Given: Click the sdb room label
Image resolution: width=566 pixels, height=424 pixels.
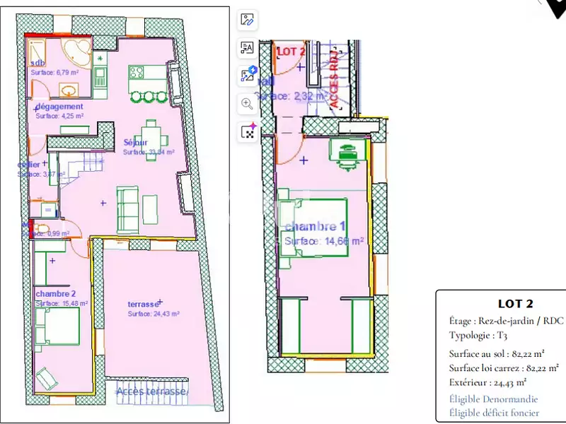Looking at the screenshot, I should pyautogui.click(x=38, y=63).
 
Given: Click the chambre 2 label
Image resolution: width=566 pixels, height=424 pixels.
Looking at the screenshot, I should pyautogui.click(x=54, y=293).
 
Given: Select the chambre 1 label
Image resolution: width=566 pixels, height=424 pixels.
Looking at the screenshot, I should pyautogui.click(x=315, y=227).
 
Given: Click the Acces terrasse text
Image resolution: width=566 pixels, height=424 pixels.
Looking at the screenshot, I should pyautogui.click(x=152, y=391).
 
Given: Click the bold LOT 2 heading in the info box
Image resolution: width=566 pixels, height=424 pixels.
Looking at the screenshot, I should pyautogui.click(x=515, y=304).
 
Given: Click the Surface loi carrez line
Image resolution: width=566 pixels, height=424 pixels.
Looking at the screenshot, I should pyautogui.click(x=503, y=367).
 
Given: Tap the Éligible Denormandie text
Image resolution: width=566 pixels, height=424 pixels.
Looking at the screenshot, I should pyautogui.click(x=493, y=399).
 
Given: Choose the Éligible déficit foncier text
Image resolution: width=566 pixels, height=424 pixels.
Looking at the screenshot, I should pyautogui.click(x=494, y=413).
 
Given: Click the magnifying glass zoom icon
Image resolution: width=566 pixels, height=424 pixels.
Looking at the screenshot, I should pyautogui.click(x=248, y=103).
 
